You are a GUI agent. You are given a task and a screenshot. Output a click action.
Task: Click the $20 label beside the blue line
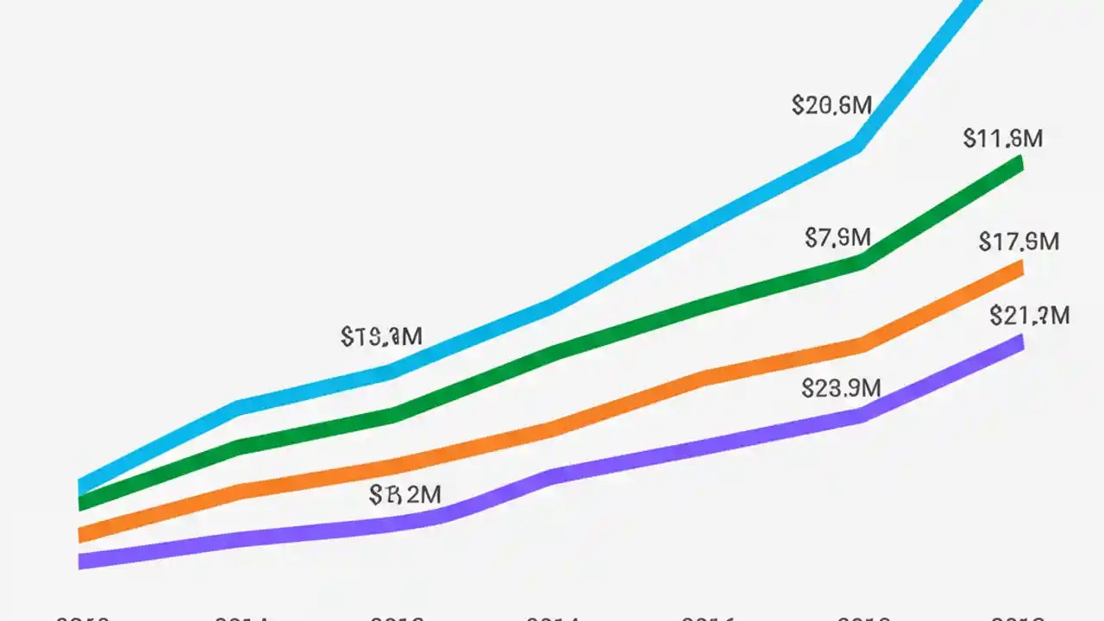(831, 105)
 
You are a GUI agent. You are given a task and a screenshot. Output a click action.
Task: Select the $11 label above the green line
(1003, 138)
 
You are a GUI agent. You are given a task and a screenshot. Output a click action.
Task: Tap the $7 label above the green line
(837, 237)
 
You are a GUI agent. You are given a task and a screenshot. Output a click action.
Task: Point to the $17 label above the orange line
(1019, 242)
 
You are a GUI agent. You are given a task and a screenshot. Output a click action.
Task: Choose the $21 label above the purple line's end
(1030, 316)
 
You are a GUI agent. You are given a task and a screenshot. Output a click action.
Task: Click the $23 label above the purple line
(841, 388)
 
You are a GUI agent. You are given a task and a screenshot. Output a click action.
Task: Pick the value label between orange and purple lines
(405, 494)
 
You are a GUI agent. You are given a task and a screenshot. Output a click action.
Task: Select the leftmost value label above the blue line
(381, 336)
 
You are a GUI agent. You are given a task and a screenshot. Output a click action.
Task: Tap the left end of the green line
(80, 503)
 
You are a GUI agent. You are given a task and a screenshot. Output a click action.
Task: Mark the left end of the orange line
(80, 535)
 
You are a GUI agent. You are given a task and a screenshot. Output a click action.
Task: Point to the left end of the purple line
(80, 561)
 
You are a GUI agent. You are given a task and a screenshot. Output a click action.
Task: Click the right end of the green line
(1021, 162)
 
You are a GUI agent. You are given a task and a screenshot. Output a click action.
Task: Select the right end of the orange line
(1021, 268)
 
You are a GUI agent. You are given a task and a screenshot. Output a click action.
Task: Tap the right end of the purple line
(1021, 342)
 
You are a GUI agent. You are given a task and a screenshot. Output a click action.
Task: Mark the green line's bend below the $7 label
(862, 262)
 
